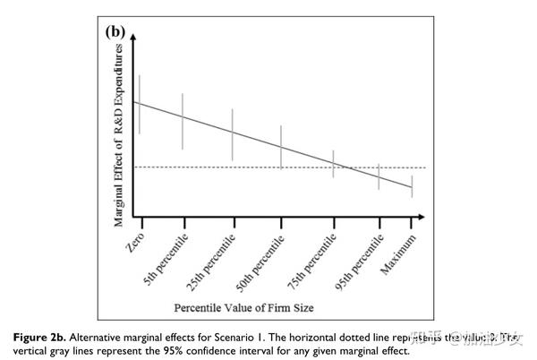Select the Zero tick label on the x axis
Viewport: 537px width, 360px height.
[128, 238]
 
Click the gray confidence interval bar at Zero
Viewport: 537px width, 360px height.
[138, 104]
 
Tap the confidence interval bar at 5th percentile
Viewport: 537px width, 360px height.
[183, 121]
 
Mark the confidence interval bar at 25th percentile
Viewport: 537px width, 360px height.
[233, 134]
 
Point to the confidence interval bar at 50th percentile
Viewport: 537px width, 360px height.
[281, 147]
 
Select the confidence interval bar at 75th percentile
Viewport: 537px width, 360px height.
[333, 163]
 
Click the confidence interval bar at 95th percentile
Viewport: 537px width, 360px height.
[379, 176]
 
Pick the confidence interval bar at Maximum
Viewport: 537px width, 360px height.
[412, 185]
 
